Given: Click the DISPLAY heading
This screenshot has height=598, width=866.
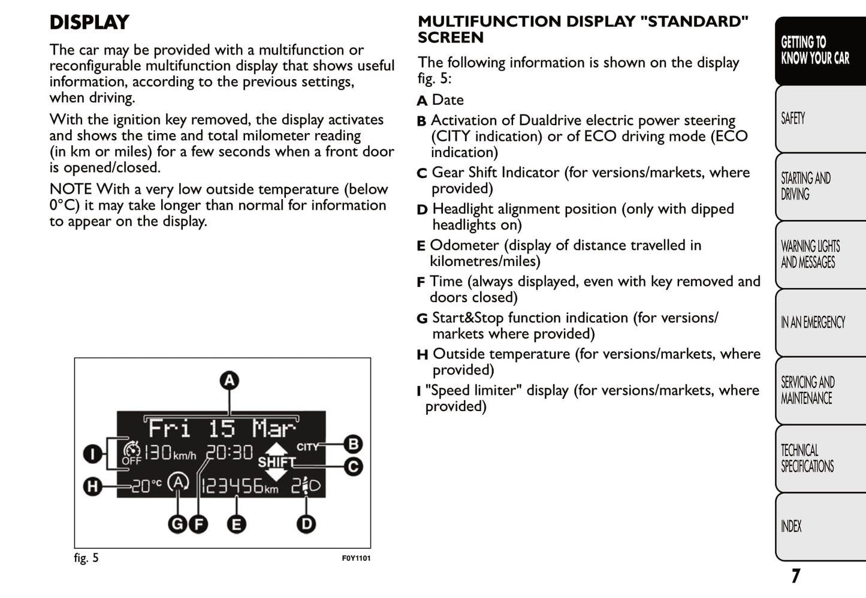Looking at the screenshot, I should [x=89, y=23].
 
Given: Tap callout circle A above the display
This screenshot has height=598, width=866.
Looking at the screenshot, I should [x=229, y=380].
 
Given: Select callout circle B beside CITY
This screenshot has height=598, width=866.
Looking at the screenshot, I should [x=353, y=444].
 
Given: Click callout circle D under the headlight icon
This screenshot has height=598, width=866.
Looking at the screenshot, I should [x=306, y=524].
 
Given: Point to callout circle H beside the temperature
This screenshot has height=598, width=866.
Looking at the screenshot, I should [x=92, y=486].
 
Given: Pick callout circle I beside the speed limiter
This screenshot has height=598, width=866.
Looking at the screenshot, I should [x=92, y=454].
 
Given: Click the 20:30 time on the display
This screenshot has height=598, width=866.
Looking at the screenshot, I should [x=230, y=453].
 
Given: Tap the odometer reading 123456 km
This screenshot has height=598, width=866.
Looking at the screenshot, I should [x=239, y=486].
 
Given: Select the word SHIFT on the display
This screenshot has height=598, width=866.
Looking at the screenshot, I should [x=276, y=463].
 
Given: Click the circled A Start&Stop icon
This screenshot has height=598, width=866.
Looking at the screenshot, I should [x=178, y=483].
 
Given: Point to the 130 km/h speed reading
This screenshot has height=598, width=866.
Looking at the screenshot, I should [x=170, y=453].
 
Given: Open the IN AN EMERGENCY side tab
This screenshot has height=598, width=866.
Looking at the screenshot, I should [x=813, y=322].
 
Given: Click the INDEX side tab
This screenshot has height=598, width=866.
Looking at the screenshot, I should [x=791, y=526].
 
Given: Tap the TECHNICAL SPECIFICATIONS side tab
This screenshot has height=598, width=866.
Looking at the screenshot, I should [x=807, y=458].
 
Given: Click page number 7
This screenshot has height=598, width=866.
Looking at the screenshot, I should [x=795, y=576].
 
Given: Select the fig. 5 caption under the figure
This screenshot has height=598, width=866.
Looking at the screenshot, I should [x=86, y=558].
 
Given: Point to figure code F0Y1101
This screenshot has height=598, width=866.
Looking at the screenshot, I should [x=356, y=558].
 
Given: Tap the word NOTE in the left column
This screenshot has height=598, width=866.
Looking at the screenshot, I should [x=71, y=189].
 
